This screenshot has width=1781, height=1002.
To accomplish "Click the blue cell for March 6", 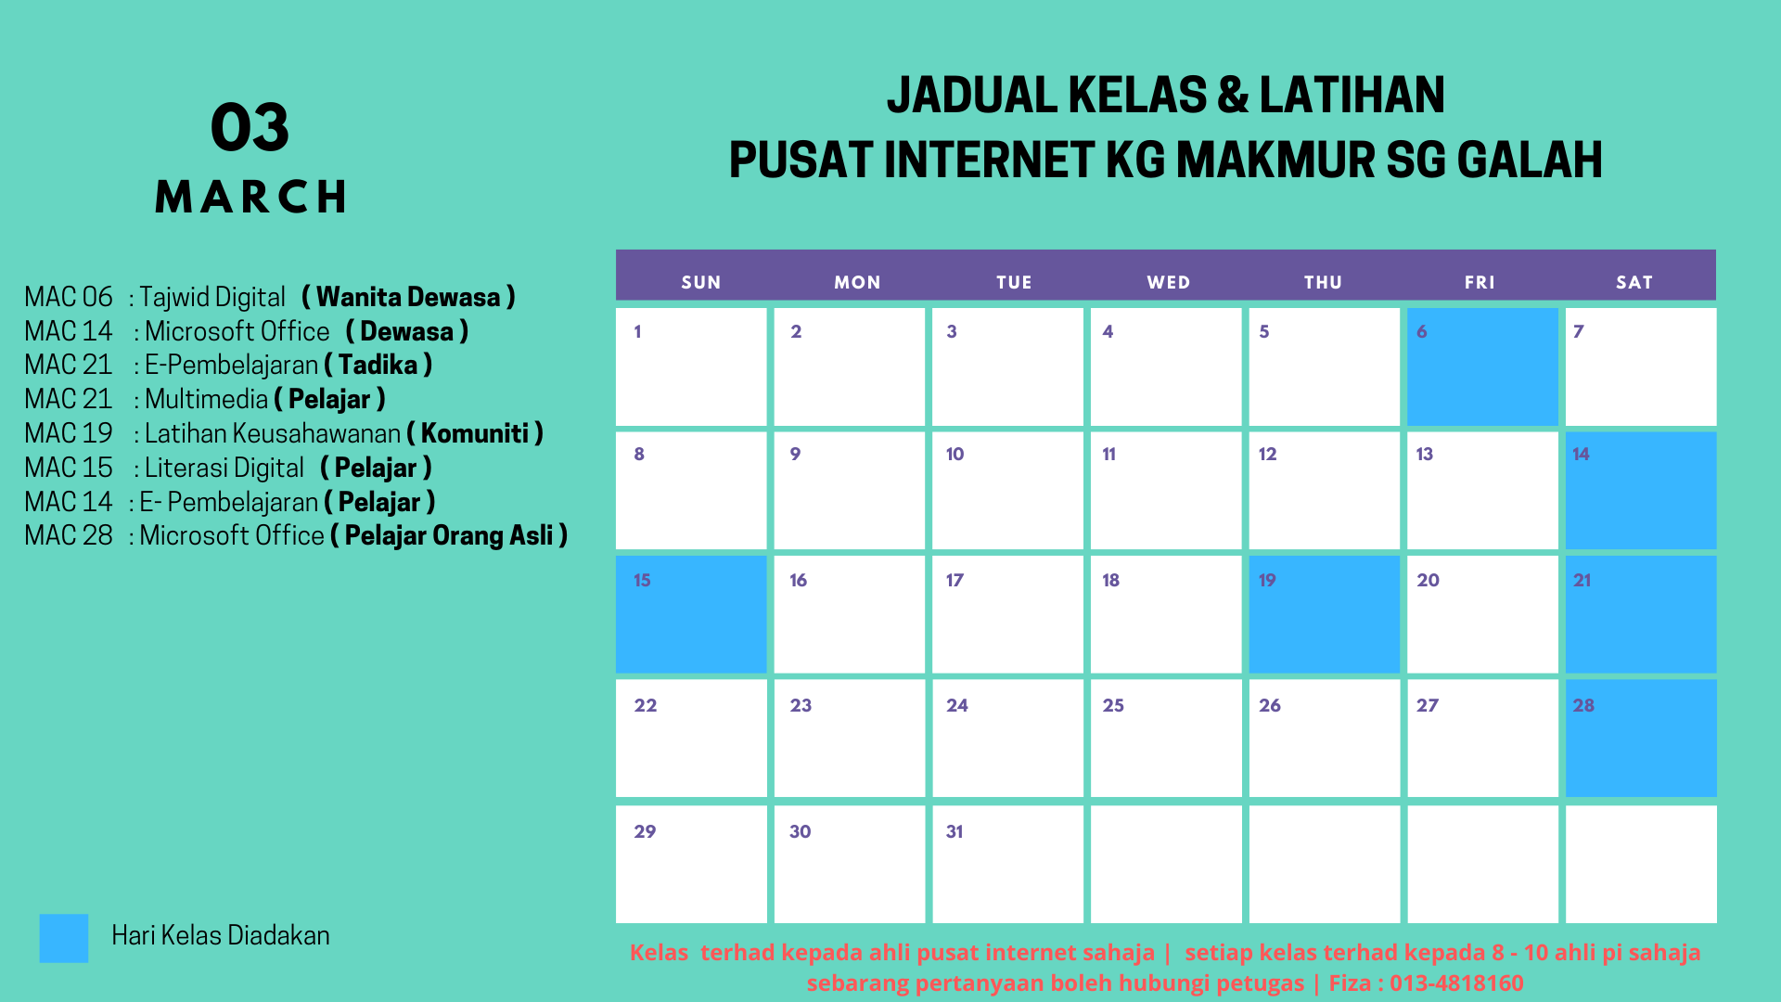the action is click(x=1482, y=366).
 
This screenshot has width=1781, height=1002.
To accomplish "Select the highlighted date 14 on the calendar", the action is click(x=1641, y=490).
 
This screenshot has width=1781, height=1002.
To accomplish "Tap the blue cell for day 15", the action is click(x=691, y=614).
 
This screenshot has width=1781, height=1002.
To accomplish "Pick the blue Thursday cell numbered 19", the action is click(x=1324, y=614).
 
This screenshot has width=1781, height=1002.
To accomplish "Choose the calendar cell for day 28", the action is click(x=1641, y=739).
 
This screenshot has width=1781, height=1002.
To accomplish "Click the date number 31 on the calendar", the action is click(x=955, y=831).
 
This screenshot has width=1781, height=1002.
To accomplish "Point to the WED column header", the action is click(x=1168, y=282).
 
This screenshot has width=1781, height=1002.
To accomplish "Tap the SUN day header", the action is click(x=701, y=282).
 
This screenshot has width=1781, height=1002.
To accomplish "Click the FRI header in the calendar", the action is click(x=1480, y=282).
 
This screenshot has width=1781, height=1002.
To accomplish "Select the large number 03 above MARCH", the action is click(x=250, y=127).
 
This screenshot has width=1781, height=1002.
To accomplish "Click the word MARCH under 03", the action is click(x=250, y=197).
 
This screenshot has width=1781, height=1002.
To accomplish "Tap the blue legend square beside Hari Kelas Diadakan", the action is click(x=64, y=938).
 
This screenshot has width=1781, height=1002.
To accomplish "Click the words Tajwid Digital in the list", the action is click(x=212, y=297).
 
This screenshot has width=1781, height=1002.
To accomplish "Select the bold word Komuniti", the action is click(x=475, y=433).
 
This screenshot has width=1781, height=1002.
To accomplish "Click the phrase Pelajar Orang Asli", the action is click(x=449, y=535).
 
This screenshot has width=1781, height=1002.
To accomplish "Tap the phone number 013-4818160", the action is click(x=1456, y=983).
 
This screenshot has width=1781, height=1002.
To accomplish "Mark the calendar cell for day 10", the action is click(x=1007, y=490).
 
